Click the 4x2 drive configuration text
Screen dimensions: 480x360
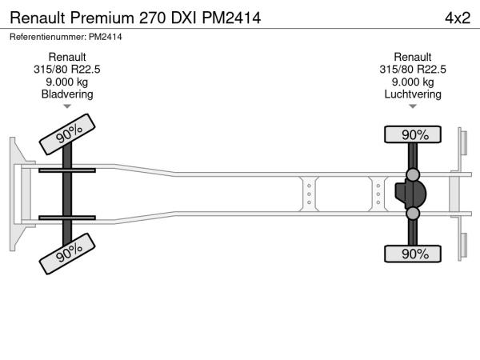coord(458,18)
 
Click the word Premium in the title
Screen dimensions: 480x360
coord(102,18)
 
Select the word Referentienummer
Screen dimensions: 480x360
coord(47,37)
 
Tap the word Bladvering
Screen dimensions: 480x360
coord(67,94)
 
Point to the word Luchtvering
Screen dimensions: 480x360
coord(413,94)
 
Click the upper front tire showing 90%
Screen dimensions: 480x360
coord(67,134)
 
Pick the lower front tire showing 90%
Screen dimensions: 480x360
coord(67,254)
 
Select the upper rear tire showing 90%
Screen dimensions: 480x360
coord(413,134)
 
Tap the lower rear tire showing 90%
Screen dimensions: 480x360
coord(413,254)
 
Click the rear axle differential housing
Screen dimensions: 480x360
coord(410,194)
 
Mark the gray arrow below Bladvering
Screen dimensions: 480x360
coord(67,106)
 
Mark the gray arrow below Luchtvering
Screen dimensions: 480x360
coord(413,106)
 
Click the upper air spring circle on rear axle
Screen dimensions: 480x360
coord(413,174)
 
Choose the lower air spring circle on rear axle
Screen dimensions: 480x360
coord(413,214)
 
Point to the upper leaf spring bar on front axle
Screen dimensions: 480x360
coord(67,170)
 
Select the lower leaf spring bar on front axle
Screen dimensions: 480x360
coord(67,218)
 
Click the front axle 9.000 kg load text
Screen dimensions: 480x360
coord(67,82)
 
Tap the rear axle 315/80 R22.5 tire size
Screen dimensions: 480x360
coord(413,70)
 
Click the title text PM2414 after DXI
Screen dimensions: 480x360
coord(231,18)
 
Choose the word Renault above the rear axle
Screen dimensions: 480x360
coord(413,57)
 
